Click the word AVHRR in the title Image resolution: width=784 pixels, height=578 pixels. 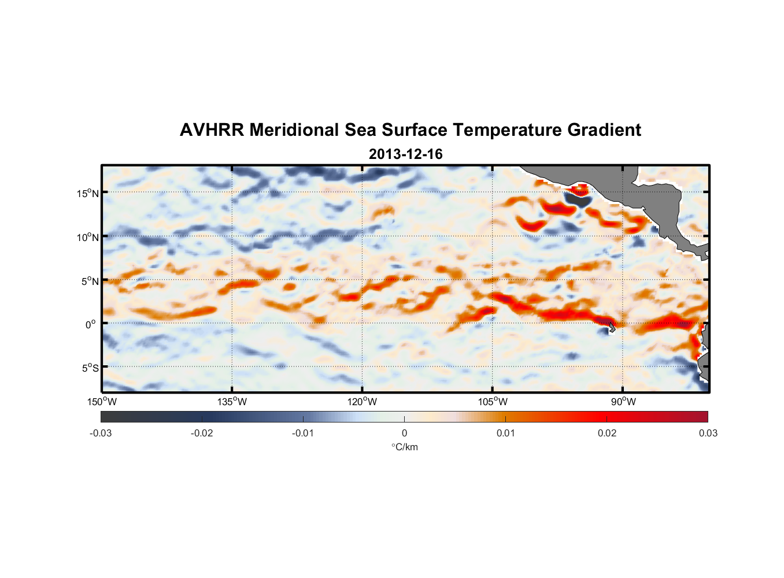point(211,130)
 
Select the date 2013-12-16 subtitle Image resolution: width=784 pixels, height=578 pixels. point(405,154)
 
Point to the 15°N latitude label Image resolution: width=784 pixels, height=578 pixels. point(88,193)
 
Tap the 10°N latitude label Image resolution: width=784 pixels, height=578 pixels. point(88,237)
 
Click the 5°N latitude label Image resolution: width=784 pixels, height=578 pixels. point(90,281)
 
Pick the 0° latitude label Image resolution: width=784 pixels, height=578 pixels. point(91,324)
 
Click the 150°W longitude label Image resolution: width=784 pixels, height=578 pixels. point(102,402)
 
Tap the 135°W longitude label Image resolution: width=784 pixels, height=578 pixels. point(232,402)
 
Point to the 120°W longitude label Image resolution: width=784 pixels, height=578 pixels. point(363,402)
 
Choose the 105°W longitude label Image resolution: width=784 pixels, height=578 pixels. point(493,402)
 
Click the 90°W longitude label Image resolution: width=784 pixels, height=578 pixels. point(623,402)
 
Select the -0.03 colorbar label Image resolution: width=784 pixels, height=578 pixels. point(101,433)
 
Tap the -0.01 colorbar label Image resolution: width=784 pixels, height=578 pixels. point(303,433)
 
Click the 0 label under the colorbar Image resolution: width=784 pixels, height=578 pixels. point(404,433)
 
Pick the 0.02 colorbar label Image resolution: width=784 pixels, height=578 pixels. point(607,433)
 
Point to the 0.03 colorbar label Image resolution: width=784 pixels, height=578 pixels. point(708,433)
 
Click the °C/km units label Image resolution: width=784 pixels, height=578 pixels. point(405,447)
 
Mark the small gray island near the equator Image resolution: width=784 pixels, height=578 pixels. point(612,328)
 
